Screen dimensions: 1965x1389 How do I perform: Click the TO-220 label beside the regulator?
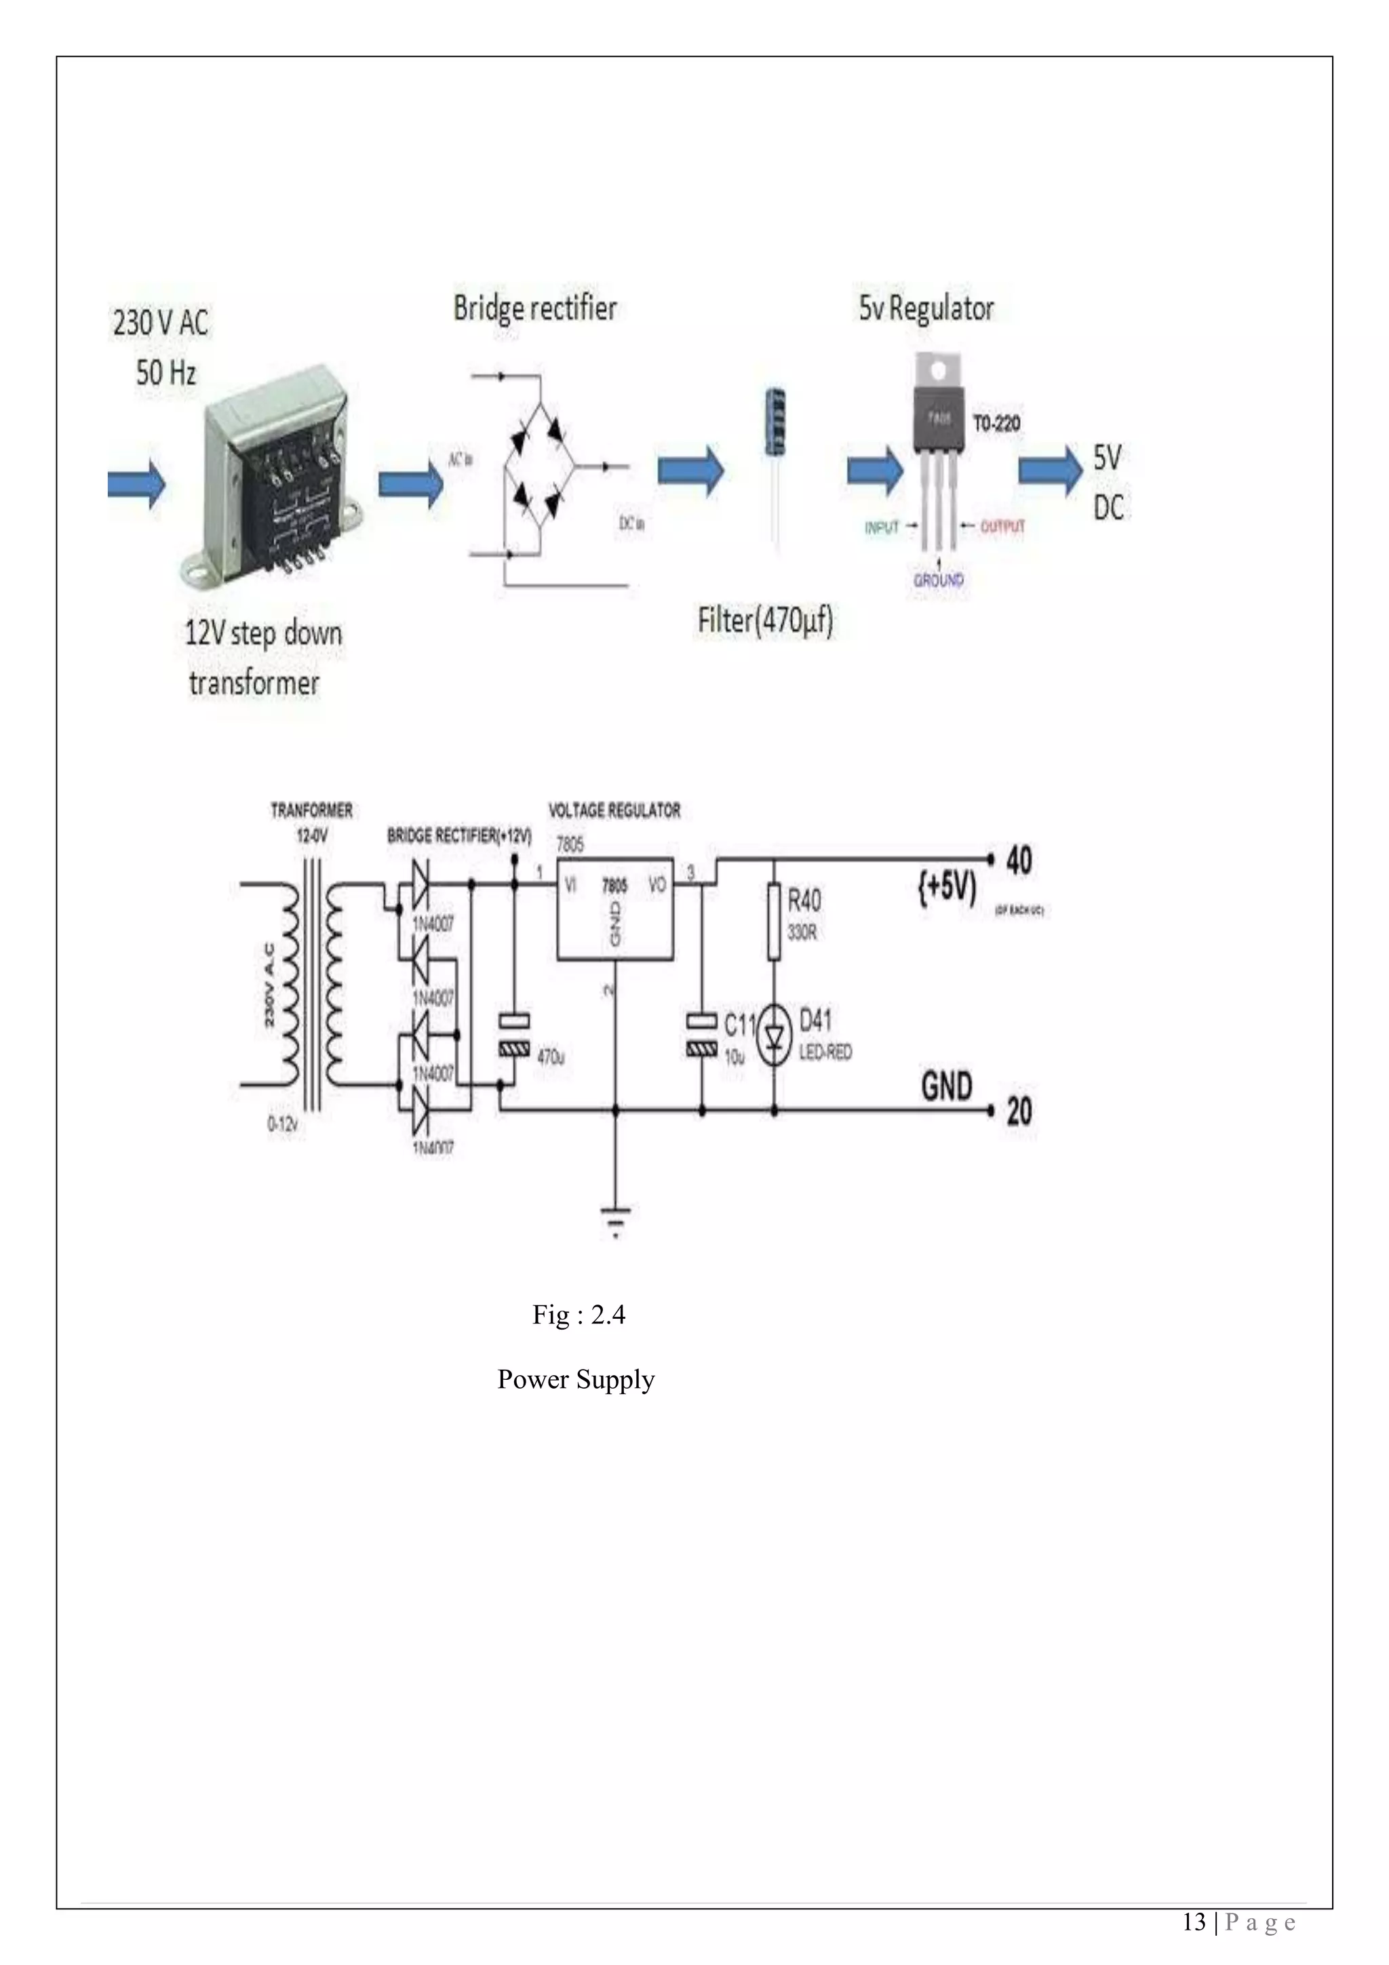point(996,423)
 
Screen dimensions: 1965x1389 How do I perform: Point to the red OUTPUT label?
point(1001,526)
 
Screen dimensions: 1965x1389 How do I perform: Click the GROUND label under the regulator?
point(938,580)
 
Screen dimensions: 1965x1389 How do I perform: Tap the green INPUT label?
point(882,528)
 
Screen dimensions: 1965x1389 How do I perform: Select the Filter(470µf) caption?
point(764,620)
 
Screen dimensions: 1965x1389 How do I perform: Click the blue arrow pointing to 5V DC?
point(1049,470)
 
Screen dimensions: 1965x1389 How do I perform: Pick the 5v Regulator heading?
point(926,308)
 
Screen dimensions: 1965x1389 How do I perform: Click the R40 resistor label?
point(804,900)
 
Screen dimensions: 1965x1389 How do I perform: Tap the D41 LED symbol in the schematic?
point(775,1039)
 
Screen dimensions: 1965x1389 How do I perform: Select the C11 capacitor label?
point(739,1024)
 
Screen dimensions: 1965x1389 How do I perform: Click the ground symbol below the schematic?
point(615,1215)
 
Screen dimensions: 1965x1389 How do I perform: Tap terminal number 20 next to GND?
point(1019,1111)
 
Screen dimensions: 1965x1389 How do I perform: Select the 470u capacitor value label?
point(550,1058)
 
